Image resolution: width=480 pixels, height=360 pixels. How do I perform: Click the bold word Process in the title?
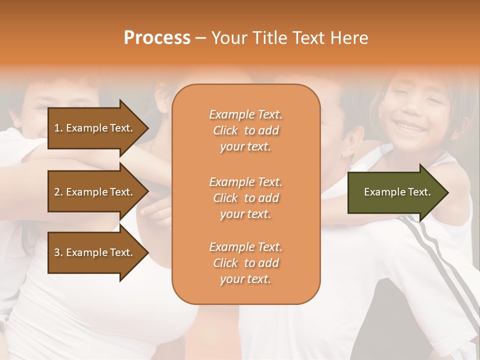tap(157, 38)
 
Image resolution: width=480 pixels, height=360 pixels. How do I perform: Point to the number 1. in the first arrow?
tap(58, 128)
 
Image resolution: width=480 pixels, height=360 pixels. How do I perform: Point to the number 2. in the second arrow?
tap(58, 192)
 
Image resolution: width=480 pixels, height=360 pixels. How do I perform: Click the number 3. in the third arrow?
tap(58, 252)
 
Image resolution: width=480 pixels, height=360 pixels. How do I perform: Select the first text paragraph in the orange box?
tap(245, 130)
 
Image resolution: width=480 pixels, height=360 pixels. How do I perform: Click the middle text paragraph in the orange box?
tap(245, 198)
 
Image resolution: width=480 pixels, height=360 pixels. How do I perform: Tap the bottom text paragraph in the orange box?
tap(245, 263)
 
